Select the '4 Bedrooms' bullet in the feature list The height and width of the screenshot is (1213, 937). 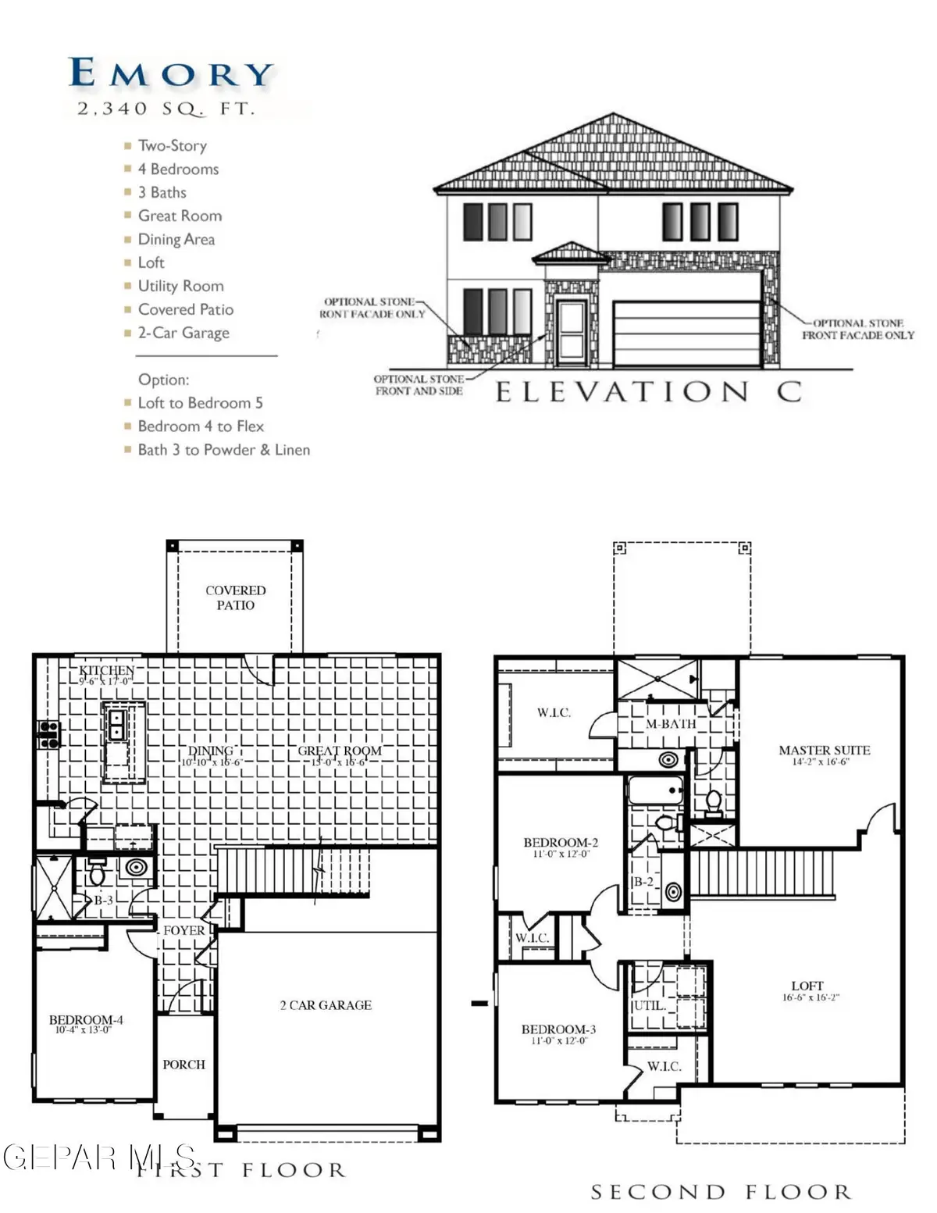pos(178,169)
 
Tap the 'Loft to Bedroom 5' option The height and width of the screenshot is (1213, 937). pos(200,403)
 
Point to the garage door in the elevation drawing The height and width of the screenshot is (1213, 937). pos(686,334)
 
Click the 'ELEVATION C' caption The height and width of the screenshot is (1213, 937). pos(649,391)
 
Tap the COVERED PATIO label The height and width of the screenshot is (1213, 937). pos(235,598)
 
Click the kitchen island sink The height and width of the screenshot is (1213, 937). pos(117,725)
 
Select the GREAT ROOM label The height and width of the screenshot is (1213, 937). pos(340,751)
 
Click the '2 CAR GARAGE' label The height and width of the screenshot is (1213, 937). pos(326,1005)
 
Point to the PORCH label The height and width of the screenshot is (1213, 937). pos(183,1065)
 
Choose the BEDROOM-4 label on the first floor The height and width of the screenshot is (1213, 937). pos(85,1020)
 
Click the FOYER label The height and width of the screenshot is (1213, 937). pos(183,930)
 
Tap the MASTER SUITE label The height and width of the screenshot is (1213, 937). pos(824,751)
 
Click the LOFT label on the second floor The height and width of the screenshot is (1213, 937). pos(807,986)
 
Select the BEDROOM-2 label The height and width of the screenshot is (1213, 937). pos(560,843)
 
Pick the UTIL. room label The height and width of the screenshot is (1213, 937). pos(648,1006)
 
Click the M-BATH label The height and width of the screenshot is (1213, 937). pos(671,724)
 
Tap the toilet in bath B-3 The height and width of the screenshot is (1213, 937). pos(98,873)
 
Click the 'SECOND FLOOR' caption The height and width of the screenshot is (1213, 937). pos(720,1192)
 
